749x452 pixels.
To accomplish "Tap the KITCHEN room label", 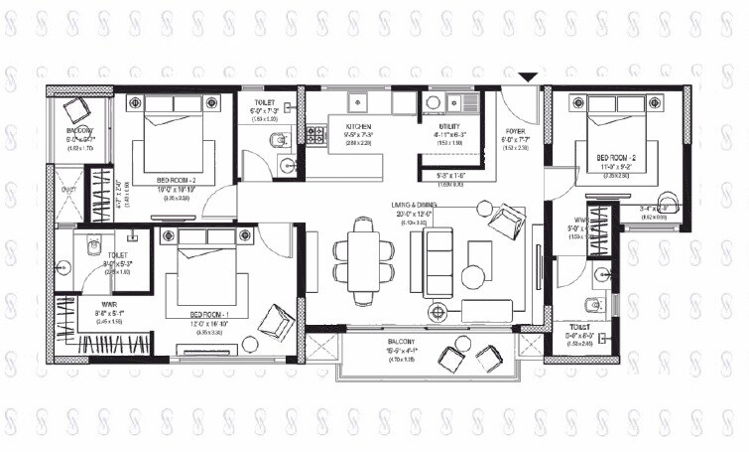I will tap(358, 127).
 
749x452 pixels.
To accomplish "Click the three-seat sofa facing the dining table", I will tap(437, 262).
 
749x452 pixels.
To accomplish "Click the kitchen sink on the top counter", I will tap(358, 102).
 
